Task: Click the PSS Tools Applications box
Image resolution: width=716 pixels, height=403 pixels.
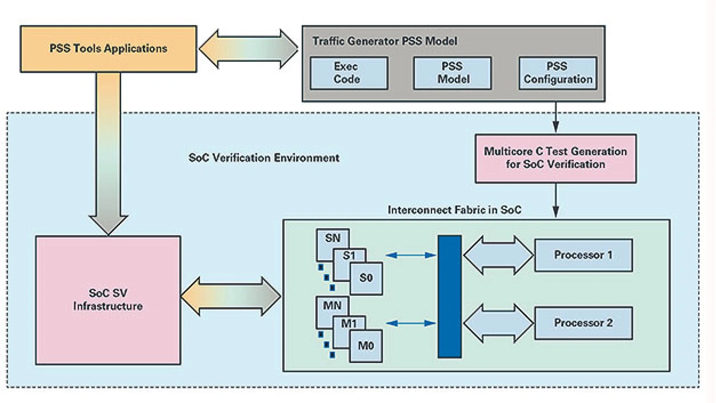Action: click(109, 48)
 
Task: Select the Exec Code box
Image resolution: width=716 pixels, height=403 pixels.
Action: click(346, 73)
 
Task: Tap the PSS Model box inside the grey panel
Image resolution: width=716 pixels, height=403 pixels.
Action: click(453, 73)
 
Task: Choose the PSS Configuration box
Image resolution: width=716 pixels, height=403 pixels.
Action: click(558, 73)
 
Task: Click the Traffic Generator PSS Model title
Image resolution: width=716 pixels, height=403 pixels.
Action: click(384, 41)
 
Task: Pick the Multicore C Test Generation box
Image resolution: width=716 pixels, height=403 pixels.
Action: click(555, 158)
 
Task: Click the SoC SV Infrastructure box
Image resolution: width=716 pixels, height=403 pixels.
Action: click(108, 300)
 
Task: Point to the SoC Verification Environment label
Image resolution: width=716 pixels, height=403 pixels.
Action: click(264, 158)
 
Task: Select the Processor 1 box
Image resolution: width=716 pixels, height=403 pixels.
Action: click(583, 255)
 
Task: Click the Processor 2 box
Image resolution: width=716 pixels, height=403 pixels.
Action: click(583, 323)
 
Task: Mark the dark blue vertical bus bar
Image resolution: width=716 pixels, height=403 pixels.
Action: click(450, 296)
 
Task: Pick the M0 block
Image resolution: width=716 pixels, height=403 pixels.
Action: click(367, 347)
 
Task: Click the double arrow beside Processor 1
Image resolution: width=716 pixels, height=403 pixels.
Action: click(498, 255)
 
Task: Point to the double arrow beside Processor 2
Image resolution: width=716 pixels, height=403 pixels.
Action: click(498, 323)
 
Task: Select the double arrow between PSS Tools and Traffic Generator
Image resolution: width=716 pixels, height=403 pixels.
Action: click(249, 49)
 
